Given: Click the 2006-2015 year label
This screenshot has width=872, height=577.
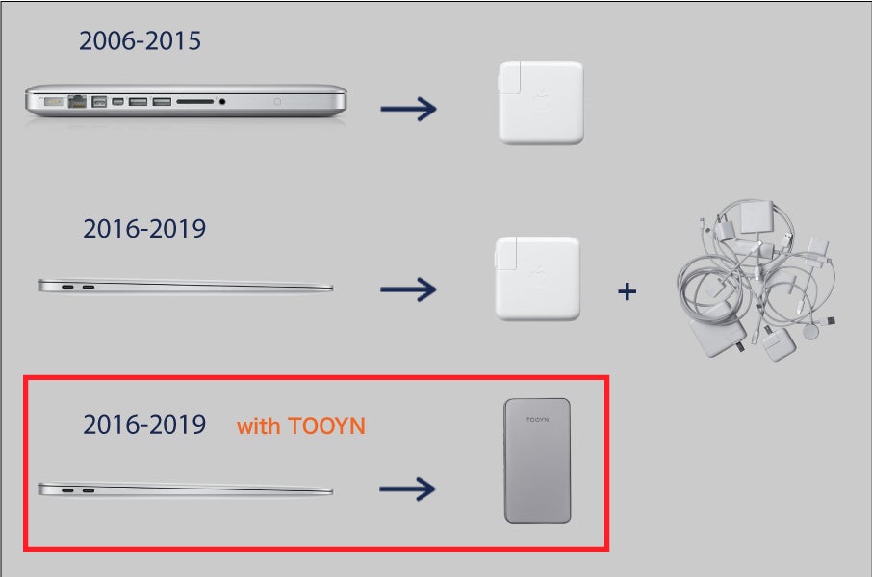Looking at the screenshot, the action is coord(140,41).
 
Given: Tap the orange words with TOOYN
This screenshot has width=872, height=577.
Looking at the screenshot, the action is coord(301,426).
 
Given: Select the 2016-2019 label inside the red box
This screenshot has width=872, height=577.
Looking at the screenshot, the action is coord(144,425).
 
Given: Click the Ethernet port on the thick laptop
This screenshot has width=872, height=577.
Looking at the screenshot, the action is coord(77,101).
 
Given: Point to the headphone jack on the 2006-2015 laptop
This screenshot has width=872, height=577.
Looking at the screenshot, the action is coord(222,102).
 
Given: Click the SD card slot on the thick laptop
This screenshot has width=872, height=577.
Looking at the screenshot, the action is coord(194,102).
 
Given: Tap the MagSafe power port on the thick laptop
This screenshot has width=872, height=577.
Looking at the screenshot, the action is coord(53,101).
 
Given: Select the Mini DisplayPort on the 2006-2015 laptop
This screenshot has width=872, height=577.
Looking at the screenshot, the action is coord(117,101).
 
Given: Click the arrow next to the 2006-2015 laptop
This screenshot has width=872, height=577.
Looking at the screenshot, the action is coord(408,109).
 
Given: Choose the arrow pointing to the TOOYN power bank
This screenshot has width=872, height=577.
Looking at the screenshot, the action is coord(407,489).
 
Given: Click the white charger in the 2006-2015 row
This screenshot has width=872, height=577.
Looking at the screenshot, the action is coord(541,103).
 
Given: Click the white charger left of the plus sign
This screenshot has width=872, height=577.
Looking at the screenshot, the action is coord(537,279).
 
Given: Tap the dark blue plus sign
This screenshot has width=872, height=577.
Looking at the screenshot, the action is coord(628,291).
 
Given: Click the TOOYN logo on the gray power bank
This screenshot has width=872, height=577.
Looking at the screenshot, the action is coord(537,419).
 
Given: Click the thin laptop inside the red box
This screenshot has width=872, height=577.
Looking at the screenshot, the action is coord(186,489).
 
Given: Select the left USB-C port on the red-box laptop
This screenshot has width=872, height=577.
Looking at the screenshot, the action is coord(67,490).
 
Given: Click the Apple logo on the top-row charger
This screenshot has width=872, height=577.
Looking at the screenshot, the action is coord(541,103).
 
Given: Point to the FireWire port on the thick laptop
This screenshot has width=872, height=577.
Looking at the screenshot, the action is coord(99,101).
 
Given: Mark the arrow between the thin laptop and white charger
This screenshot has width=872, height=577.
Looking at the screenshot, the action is coord(408,289).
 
